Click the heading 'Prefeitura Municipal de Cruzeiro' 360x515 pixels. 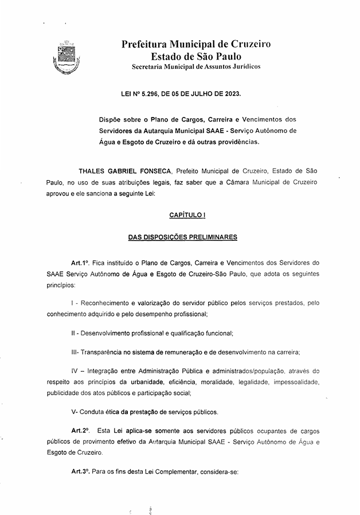[x=196, y=44]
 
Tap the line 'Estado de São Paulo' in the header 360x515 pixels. [x=196, y=56]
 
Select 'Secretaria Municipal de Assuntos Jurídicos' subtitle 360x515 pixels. [x=196, y=67]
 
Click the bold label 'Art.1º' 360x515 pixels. [x=81, y=262]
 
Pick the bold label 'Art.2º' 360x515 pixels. [x=81, y=430]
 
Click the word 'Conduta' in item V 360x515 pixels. [x=93, y=411]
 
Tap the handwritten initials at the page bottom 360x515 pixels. [x=150, y=508]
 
